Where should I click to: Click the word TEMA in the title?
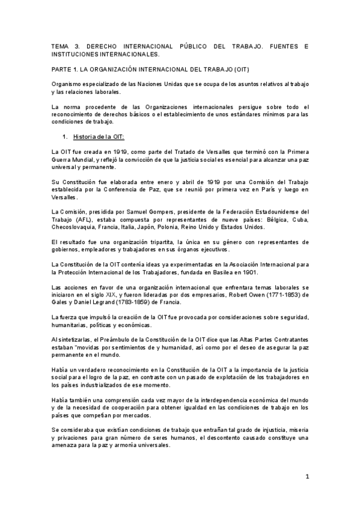[61, 46]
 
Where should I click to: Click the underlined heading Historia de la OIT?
[97, 137]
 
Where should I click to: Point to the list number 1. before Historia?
[66, 137]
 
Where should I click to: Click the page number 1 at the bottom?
[307, 476]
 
